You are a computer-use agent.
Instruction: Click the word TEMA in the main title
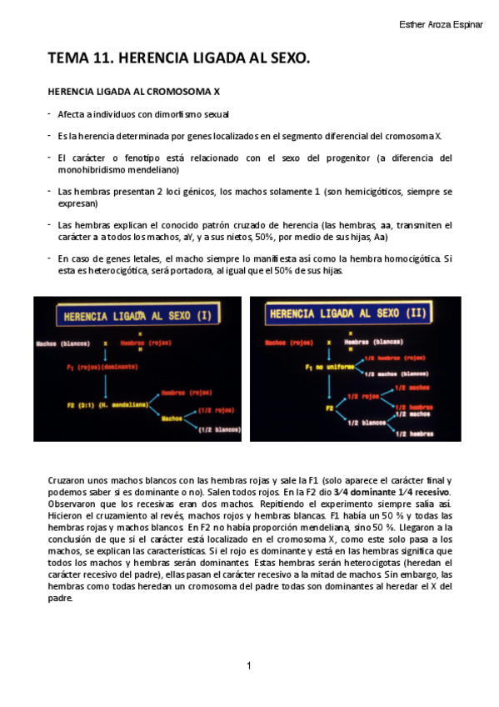tap(68, 58)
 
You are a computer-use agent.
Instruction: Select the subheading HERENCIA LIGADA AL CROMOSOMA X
tap(133, 92)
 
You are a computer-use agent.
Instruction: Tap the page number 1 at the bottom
tap(249, 665)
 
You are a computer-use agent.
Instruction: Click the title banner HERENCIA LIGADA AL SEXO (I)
tap(135, 316)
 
